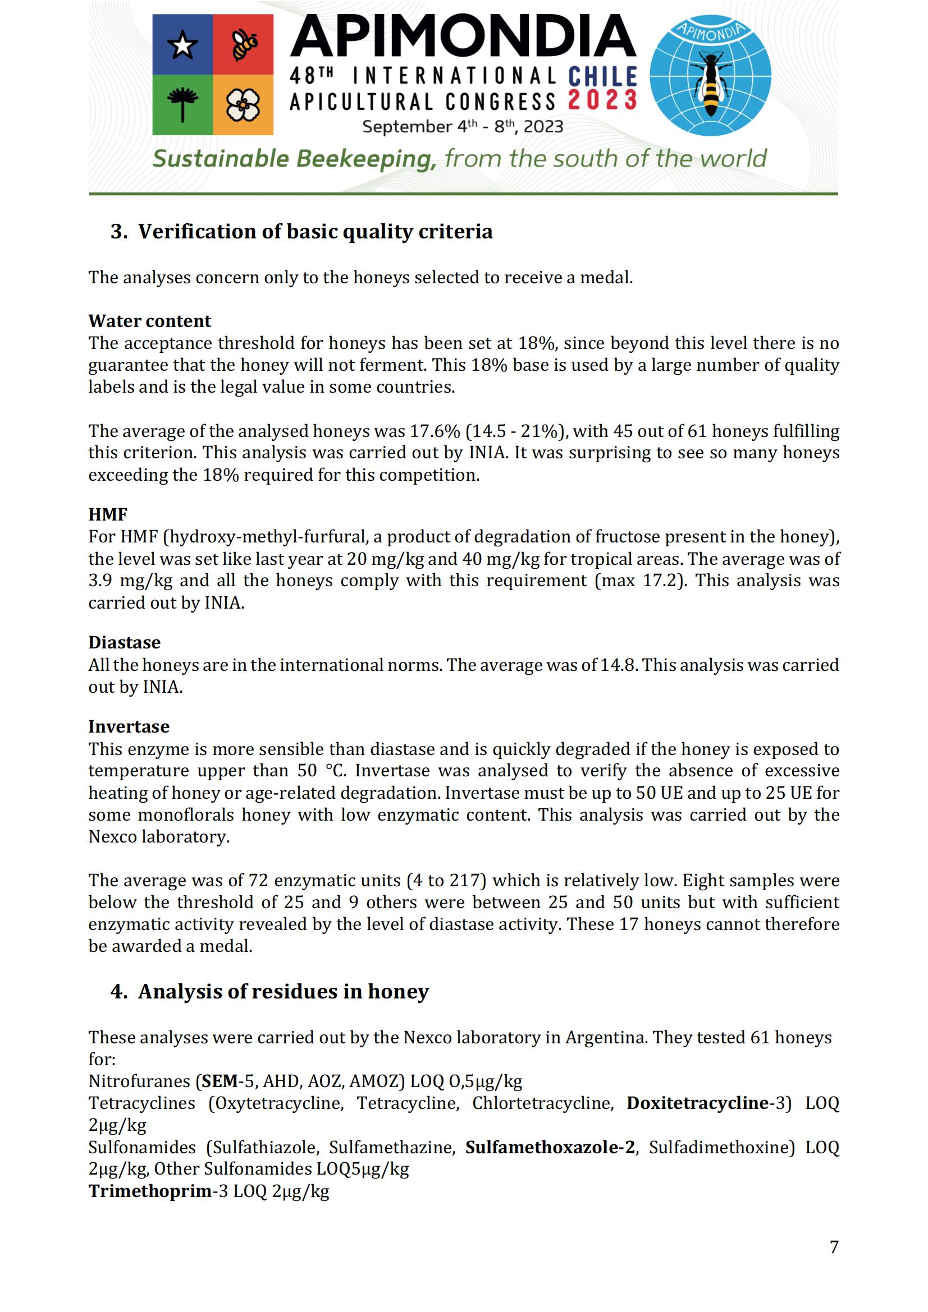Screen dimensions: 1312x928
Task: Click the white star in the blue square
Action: pos(182,45)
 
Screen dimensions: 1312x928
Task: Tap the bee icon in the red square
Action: pos(244,45)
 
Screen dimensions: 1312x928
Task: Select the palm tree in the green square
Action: pos(182,104)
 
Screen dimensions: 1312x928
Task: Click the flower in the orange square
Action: pos(243,105)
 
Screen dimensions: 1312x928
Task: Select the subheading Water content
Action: pos(149,321)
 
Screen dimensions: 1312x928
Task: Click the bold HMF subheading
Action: pos(107,514)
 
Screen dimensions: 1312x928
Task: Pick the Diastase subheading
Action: pos(124,642)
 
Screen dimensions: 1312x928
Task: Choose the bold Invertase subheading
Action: pos(129,726)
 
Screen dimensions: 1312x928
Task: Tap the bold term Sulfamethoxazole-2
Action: pos(550,1148)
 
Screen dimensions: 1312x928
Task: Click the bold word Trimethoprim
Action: pos(150,1191)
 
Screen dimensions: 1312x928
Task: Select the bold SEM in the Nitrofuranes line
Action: pos(220,1081)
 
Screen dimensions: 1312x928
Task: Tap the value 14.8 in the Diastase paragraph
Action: pos(618,665)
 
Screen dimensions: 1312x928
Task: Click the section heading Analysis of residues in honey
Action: pos(283,991)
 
